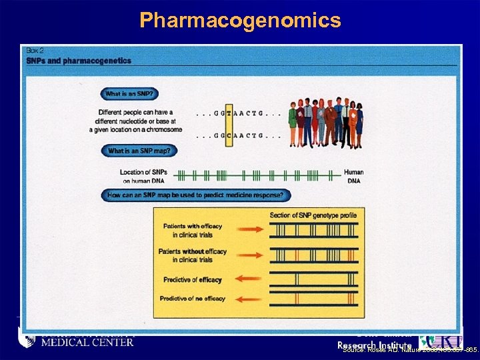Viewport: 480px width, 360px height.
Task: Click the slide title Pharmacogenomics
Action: pos(240,20)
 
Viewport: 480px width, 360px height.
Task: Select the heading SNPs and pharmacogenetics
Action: pos(79,61)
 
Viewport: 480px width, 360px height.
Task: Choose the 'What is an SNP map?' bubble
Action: pos(139,151)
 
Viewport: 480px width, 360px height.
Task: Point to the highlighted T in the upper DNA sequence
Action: pos(229,113)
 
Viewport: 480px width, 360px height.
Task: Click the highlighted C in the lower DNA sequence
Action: pos(229,135)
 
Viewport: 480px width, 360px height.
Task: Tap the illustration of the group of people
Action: pos(325,123)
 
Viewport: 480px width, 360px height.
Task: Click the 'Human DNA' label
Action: pos(353,176)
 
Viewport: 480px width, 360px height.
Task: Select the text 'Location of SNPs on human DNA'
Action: pos(145,176)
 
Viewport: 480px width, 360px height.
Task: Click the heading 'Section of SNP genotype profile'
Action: pos(313,215)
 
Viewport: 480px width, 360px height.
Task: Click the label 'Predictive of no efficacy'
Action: pos(193,300)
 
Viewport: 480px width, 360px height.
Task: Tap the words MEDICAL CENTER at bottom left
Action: pos(87,343)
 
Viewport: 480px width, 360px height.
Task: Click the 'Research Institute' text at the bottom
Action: pos(374,345)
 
